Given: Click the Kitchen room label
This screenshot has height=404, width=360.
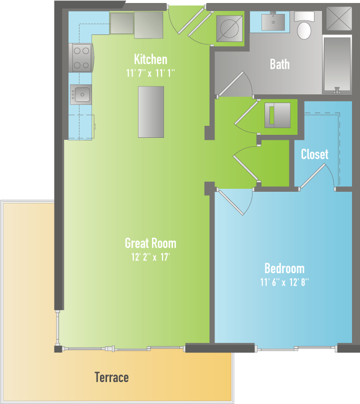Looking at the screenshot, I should [150, 59].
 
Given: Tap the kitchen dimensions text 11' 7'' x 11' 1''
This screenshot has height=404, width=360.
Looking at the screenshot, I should [150, 73].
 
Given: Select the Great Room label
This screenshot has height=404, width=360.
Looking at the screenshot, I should [150, 243].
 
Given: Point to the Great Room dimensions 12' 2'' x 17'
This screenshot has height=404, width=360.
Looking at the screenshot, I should [150, 257].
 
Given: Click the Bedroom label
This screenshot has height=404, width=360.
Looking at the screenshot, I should [284, 268].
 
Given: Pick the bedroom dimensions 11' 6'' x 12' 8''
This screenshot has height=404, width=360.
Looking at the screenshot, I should [284, 282].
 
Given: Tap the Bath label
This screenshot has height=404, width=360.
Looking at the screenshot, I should [279, 64].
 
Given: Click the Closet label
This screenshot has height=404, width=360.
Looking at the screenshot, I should [314, 154].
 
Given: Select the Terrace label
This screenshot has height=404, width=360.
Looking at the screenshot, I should [111, 377].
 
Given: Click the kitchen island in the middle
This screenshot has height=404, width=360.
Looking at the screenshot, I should [150, 111].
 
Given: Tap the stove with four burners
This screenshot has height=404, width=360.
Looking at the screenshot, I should [81, 57].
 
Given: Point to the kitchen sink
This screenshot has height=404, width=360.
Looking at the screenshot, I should [80, 94].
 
